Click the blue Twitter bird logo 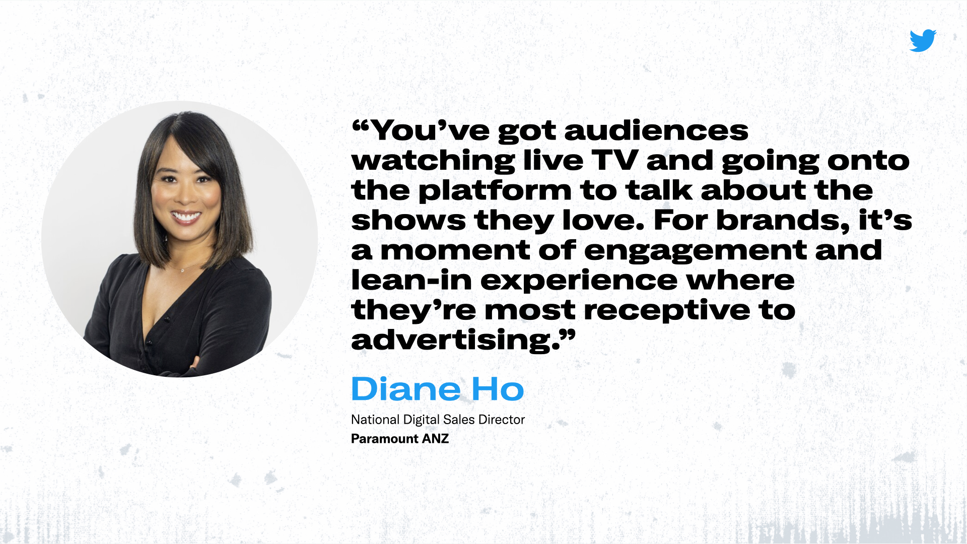(x=923, y=40)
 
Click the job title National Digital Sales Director (x=438, y=420)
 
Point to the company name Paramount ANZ (x=400, y=439)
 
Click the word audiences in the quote (x=656, y=130)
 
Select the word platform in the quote (x=495, y=191)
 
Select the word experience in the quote (x=579, y=281)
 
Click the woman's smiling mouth (x=186, y=217)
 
